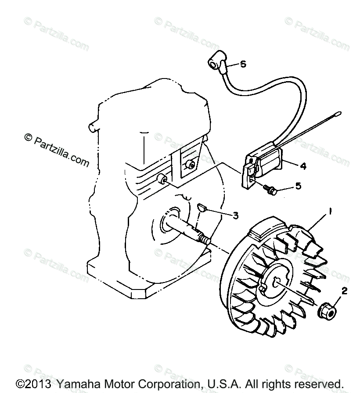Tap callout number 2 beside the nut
pos(344,290)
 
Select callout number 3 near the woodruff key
pos(235,215)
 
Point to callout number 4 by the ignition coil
pos(303,166)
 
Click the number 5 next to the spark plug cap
pos(243,64)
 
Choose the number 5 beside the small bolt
pos(298,186)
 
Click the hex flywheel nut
pos(327,311)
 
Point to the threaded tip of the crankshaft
pos(205,240)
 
